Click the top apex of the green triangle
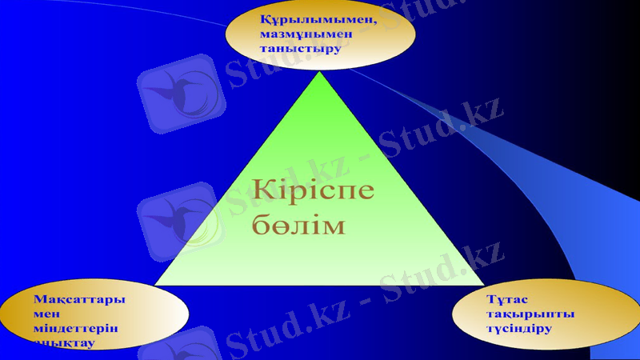point(320,71)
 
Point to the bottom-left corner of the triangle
point(155,285)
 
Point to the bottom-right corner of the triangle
point(484,285)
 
